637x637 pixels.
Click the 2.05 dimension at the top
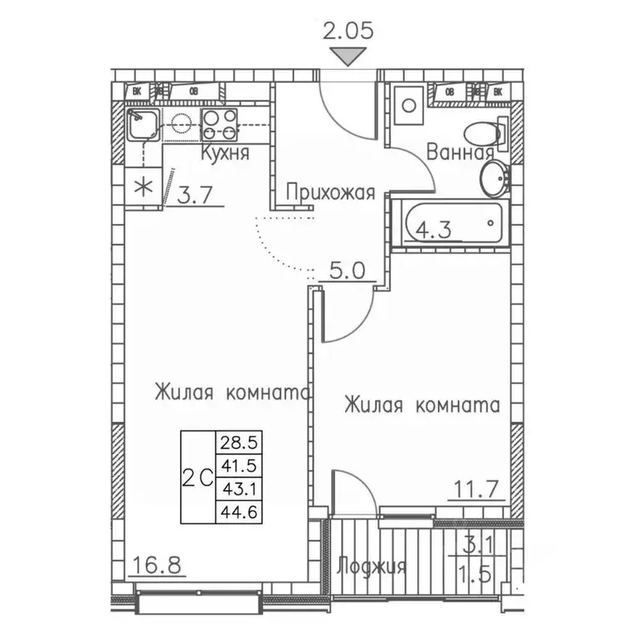[349, 32]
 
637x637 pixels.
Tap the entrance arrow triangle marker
[349, 57]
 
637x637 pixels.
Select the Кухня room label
[225, 154]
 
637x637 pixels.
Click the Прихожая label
[330, 193]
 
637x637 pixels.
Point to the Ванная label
[460, 152]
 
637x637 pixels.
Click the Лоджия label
[372, 566]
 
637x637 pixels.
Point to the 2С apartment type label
[197, 478]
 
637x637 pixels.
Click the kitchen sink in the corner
[143, 126]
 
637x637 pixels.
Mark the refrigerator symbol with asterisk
[143, 184]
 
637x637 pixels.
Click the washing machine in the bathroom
[409, 105]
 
